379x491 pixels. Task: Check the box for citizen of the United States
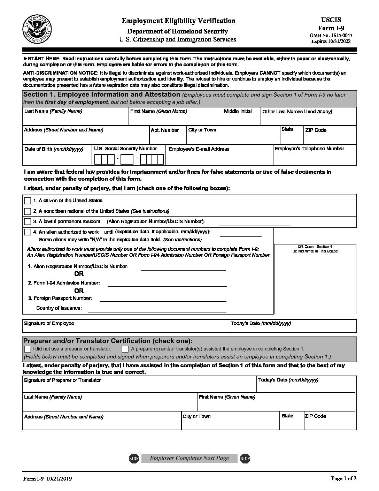28,201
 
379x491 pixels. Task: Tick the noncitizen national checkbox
28,211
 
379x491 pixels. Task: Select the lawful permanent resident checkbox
28,222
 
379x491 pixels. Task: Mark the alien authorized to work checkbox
28,232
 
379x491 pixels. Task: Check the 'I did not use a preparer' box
28,349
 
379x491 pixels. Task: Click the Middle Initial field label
238,111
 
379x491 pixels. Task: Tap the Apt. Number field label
165,130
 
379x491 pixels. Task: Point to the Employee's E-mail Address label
199,149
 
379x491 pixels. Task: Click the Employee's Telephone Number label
309,149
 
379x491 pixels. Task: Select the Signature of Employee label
49,323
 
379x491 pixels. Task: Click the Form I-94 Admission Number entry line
167,285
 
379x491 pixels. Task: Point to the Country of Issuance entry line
157,311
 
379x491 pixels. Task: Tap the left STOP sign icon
134,458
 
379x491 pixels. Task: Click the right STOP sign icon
245,458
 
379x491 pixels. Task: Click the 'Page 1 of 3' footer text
343,478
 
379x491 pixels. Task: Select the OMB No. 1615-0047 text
331,36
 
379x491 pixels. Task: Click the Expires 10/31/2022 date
331,41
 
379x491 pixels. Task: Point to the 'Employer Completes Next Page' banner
189,458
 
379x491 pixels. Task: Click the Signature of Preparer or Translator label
62,380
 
